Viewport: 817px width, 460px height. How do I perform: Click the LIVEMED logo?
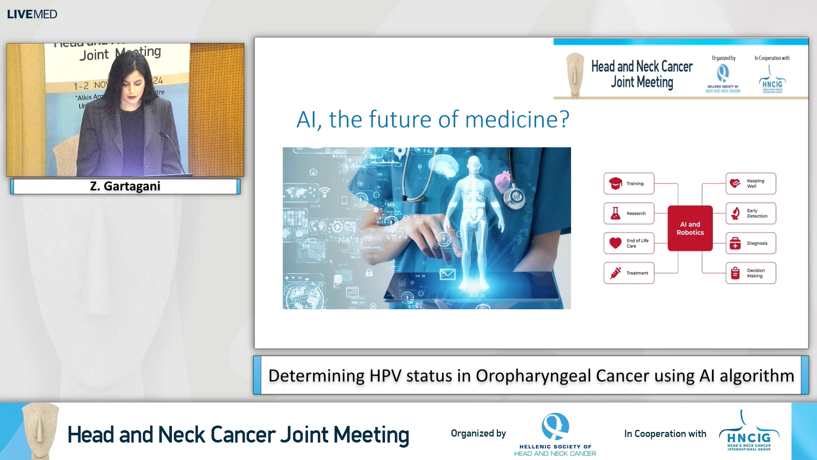[x=32, y=14]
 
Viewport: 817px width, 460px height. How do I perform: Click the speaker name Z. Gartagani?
[x=125, y=186]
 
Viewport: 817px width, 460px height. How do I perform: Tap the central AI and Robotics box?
[x=690, y=228]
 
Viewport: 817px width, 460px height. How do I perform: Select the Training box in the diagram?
[x=628, y=184]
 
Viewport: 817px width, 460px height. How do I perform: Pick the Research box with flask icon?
[x=628, y=213]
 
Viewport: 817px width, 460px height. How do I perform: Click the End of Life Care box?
[x=628, y=243]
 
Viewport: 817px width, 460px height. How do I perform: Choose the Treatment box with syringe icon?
[x=628, y=273]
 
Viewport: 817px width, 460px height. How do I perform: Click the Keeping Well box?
[x=751, y=184]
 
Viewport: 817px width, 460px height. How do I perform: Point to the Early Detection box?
[x=751, y=213]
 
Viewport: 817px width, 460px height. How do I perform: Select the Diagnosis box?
[x=751, y=243]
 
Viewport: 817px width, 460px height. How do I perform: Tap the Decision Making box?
[x=751, y=273]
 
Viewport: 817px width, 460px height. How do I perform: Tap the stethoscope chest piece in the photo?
[x=516, y=196]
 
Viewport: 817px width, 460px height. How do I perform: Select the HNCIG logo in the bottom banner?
[x=749, y=434]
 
